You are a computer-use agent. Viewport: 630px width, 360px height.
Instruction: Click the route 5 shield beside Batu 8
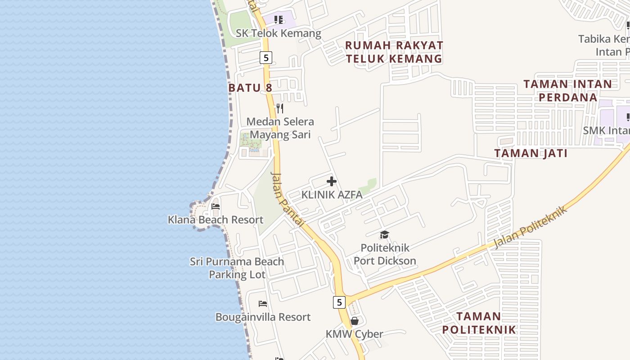pos(266,58)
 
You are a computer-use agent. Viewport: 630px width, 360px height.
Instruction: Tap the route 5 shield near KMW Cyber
pos(339,302)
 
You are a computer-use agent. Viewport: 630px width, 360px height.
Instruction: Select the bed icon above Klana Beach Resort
pos(216,207)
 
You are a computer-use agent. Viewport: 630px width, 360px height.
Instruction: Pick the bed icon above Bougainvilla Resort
pos(263,304)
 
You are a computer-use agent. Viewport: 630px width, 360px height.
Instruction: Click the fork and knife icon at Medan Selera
pos(279,108)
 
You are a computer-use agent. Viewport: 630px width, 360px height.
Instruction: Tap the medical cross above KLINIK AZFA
pos(332,181)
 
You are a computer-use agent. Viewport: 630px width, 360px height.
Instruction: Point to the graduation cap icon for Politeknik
pos(384,234)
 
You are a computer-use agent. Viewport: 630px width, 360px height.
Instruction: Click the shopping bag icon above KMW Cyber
pos(355,321)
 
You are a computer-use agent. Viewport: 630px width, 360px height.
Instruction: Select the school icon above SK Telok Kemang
pos(279,20)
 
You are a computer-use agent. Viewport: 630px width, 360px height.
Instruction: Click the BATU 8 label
pos(250,87)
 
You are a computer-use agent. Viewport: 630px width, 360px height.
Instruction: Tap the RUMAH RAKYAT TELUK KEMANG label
pos(394,52)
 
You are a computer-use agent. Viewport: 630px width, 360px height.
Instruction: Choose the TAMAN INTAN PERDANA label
pos(568,90)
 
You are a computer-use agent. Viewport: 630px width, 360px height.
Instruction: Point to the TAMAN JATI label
pos(531,153)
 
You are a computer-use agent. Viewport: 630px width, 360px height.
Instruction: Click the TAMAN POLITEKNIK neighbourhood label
pos(479,323)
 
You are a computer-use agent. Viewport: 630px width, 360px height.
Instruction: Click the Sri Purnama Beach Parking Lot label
pos(237,268)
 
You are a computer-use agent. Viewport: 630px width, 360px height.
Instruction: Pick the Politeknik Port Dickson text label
pos(385,254)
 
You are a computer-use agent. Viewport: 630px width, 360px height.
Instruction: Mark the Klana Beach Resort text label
pos(216,220)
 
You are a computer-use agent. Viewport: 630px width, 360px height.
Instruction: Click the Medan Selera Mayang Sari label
pos(280,128)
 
